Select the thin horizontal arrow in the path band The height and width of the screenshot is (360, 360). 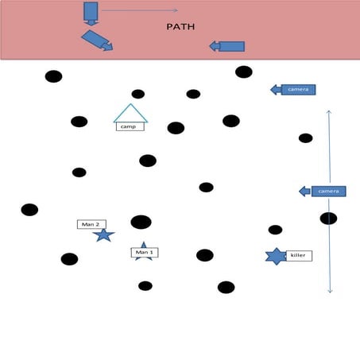coord(139,11)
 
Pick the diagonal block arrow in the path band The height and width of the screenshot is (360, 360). coord(97,41)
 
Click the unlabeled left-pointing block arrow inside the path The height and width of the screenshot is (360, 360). coord(227,47)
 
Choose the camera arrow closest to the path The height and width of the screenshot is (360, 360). coord(294,89)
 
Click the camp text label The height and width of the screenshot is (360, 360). coord(130,126)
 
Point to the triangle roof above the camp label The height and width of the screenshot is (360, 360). coord(130,113)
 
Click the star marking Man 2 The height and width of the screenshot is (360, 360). coord(103,235)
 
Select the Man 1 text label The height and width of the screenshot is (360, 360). coord(144,253)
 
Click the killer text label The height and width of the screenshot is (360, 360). coord(299,256)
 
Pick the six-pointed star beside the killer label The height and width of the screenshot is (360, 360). coord(275,256)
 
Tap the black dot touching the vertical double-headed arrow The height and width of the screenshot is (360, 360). coord(328,219)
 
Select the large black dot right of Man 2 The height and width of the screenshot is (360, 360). coord(141,222)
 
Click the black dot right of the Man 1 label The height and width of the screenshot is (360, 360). coord(205,255)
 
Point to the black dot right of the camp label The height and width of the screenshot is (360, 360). coord(176,128)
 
